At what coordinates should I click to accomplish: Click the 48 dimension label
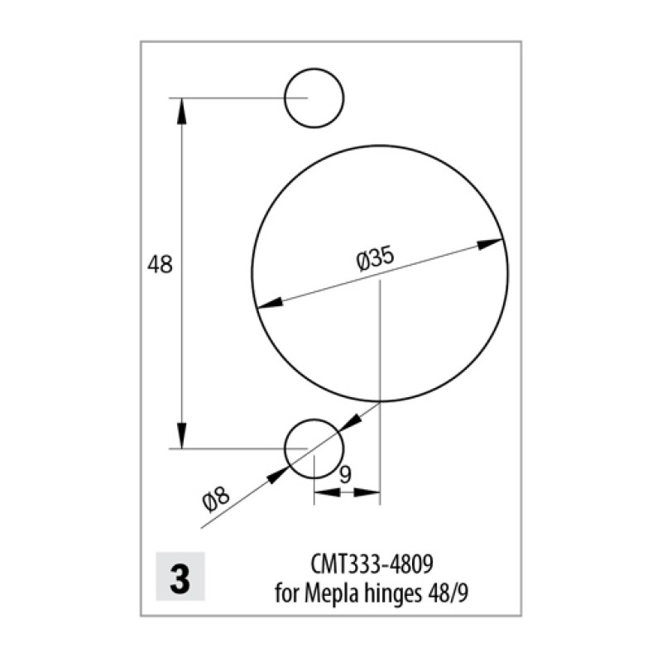[x=160, y=265]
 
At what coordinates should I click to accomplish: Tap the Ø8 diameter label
[x=216, y=499]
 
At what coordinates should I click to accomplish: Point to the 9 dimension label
[x=345, y=475]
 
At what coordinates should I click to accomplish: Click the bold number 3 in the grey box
[x=180, y=578]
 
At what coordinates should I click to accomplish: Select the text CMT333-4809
[x=372, y=564]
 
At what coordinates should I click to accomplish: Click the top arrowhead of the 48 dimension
[x=181, y=111]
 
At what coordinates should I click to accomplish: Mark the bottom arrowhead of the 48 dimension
[x=181, y=435]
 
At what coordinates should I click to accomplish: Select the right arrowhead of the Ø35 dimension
[x=490, y=243]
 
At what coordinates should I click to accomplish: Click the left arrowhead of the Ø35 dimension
[x=270, y=303]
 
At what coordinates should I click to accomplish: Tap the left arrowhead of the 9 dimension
[x=327, y=492]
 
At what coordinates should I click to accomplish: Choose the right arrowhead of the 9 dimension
[x=367, y=492]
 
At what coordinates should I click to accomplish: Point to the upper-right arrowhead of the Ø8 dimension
[x=350, y=423]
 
